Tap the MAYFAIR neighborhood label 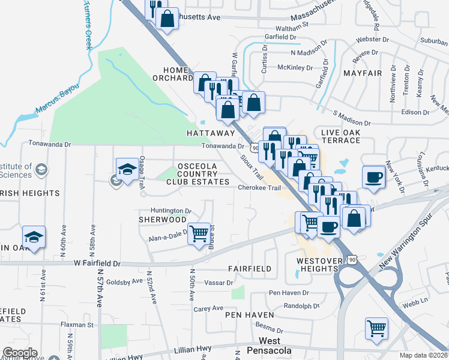point(363,73)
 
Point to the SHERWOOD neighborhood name point(163,220)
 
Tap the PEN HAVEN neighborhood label point(249,314)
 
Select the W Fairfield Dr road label point(97,263)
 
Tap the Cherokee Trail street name point(259,188)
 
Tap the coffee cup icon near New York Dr point(373,177)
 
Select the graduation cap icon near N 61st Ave point(34,237)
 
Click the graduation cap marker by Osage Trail point(127,169)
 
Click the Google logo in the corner point(20,353)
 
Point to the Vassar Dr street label point(218,283)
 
